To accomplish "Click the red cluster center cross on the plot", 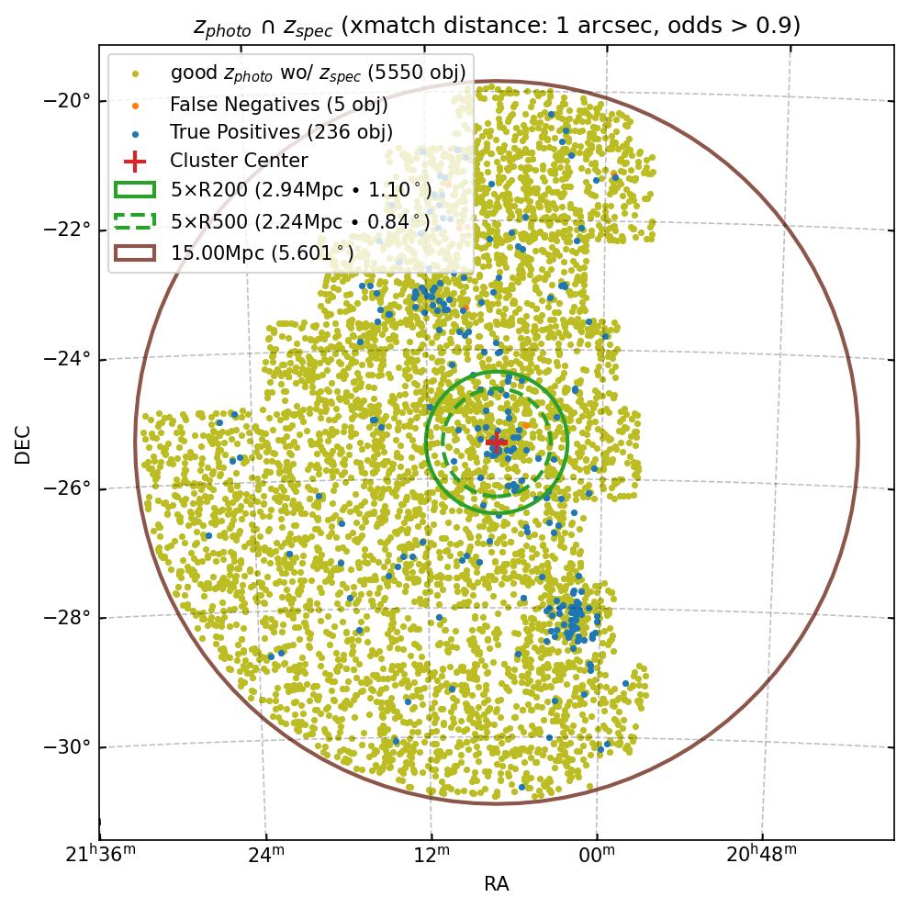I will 496,443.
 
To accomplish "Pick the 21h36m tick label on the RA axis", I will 102,856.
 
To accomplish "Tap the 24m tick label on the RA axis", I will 265,856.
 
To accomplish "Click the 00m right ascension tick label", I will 597,856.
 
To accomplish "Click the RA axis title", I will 496,884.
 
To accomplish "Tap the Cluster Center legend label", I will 239,161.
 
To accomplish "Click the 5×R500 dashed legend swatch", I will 134,220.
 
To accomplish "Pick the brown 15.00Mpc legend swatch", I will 134,252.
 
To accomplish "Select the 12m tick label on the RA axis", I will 431,856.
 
